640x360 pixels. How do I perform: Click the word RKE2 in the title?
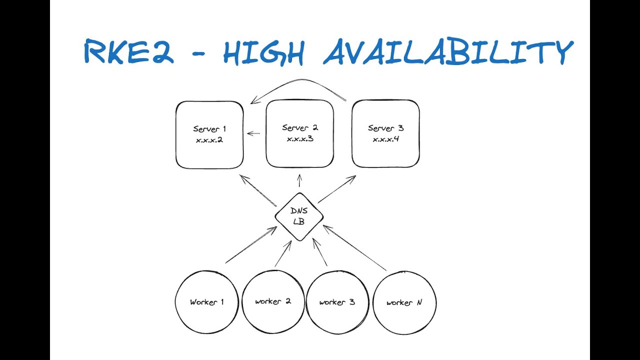click(128, 52)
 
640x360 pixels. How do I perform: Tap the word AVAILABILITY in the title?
click(447, 52)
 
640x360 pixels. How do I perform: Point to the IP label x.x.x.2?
click(209, 140)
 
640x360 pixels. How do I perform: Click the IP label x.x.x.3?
click(300, 138)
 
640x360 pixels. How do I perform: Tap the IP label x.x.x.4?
click(385, 138)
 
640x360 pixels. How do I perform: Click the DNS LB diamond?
click(299, 216)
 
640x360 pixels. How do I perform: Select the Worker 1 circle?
click(206, 302)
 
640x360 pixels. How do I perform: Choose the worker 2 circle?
click(273, 301)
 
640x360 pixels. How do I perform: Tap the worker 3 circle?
click(337, 302)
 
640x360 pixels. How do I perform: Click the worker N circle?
click(404, 302)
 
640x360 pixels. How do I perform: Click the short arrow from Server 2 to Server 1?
click(254, 133)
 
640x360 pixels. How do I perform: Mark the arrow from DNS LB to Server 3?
click(337, 189)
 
